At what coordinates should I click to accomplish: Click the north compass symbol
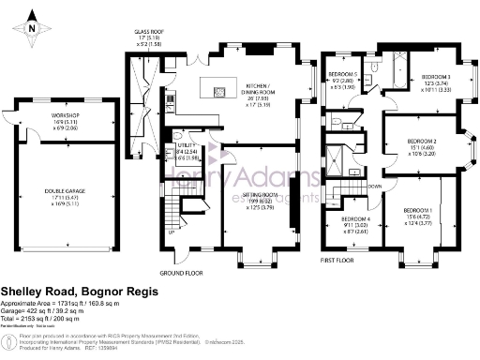coord(32,28)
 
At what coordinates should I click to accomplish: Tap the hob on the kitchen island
coord(220,91)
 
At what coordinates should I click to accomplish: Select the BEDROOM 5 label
coord(343,73)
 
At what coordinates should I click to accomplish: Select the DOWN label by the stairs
coord(375,187)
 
